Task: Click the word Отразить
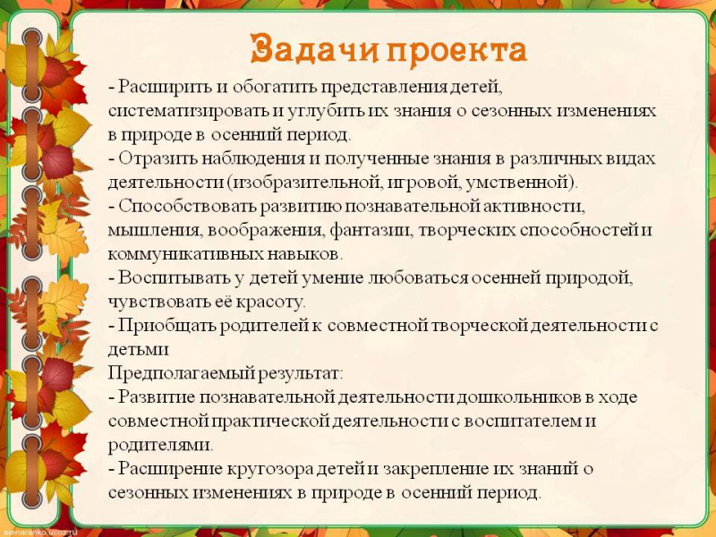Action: [x=158, y=158]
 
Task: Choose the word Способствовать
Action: [x=187, y=206]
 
